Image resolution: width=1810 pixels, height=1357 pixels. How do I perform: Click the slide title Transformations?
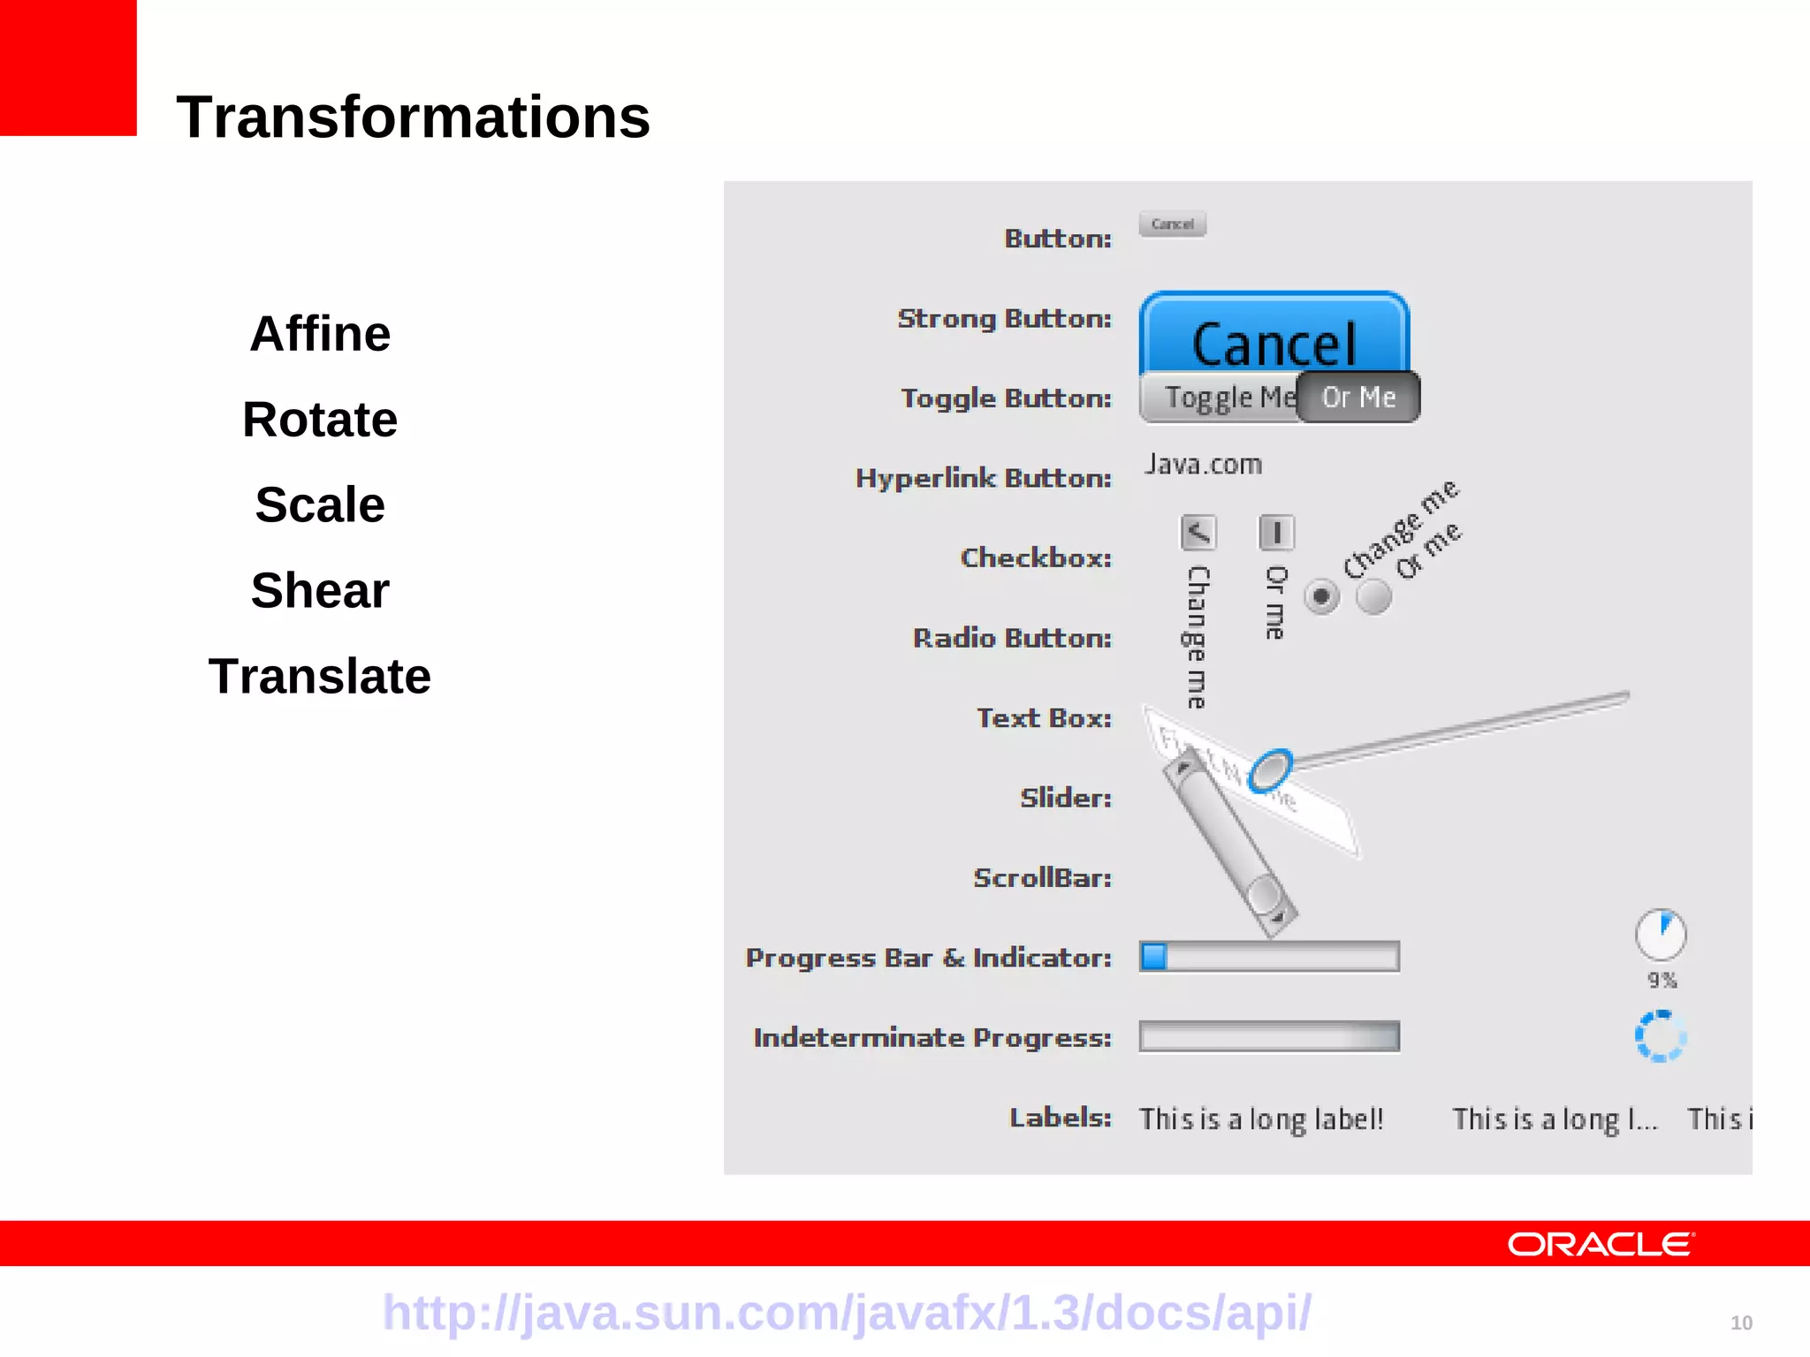413,118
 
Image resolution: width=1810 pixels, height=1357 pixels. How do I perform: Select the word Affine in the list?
320,334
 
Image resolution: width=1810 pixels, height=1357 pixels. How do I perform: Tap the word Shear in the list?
320,590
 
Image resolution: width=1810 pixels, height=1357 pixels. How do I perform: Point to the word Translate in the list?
320,677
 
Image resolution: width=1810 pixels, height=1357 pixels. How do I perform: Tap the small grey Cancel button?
1173,224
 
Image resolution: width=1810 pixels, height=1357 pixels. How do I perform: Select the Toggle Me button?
1221,398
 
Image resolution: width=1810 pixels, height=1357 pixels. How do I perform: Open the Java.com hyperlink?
1203,465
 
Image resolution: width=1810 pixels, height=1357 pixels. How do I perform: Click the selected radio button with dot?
1321,596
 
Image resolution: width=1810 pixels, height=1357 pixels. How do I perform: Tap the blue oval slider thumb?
1270,770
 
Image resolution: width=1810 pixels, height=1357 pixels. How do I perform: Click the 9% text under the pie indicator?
1662,980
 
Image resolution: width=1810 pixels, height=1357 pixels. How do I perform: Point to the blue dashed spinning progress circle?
1661,1035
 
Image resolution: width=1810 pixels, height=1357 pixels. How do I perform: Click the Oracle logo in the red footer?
1601,1244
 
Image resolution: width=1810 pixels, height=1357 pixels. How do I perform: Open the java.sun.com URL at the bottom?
847,1312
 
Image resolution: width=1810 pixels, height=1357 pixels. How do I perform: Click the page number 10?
1741,1323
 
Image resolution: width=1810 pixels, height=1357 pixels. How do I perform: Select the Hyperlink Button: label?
983,478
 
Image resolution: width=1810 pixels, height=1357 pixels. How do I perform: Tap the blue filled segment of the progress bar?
1154,957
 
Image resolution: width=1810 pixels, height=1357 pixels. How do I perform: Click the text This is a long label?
1261,1119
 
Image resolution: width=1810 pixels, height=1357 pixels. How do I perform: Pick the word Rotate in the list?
320,420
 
